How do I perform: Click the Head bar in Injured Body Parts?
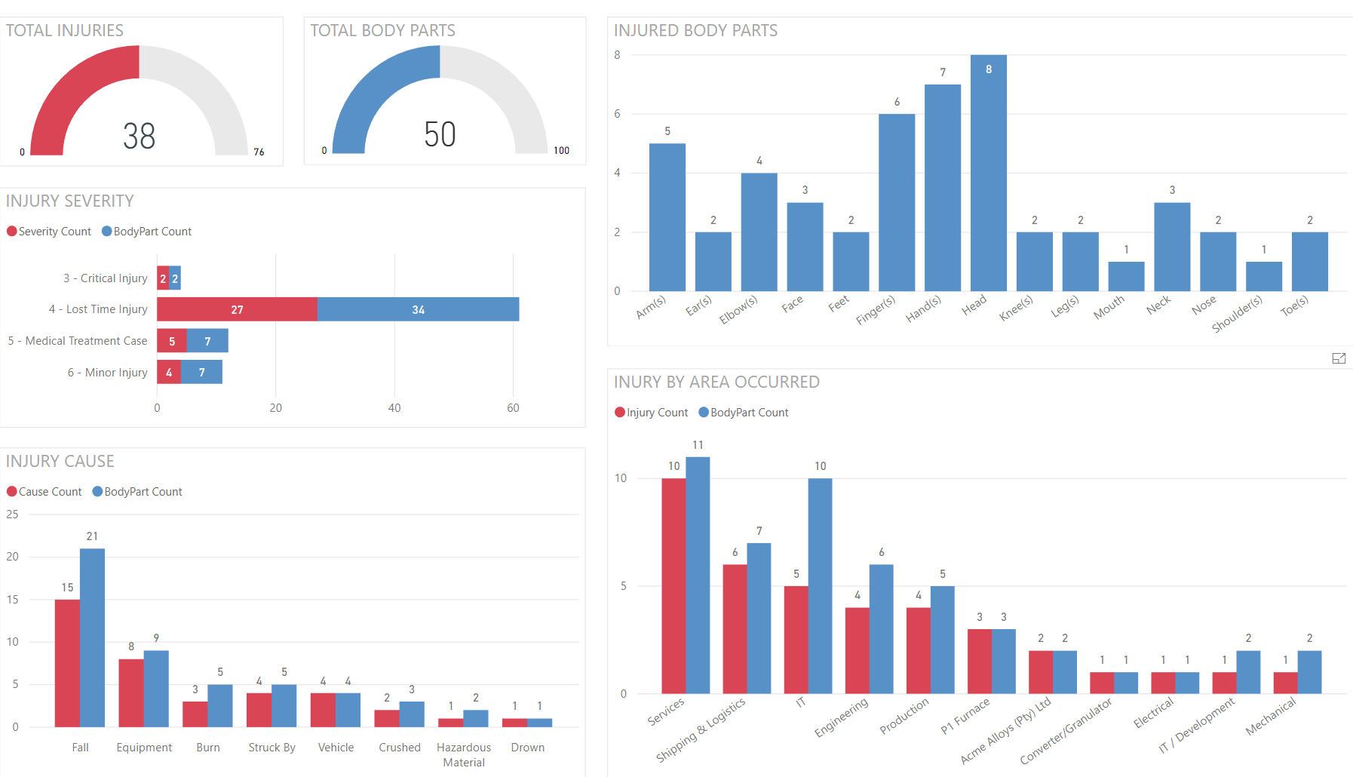tap(988, 174)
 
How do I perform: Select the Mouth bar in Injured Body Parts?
tap(1126, 276)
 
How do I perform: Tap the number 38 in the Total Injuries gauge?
tap(140, 137)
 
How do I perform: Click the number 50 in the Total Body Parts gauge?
tap(440, 135)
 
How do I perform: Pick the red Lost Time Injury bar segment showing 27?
tap(237, 309)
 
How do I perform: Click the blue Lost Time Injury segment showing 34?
tap(418, 309)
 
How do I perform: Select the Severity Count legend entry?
tap(49, 232)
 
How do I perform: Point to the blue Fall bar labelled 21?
tap(92, 637)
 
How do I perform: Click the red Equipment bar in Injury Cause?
tap(131, 693)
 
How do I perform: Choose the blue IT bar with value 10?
tap(820, 585)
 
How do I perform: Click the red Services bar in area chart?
tap(673, 585)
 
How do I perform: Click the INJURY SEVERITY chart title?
tap(70, 201)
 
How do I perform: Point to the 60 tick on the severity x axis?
tap(513, 408)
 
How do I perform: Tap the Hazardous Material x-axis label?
tap(464, 754)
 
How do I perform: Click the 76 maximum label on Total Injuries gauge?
tap(259, 152)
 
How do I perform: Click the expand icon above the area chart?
tap(1339, 358)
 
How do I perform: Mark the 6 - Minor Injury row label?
tap(107, 373)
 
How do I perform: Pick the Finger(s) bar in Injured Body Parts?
tap(897, 202)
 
